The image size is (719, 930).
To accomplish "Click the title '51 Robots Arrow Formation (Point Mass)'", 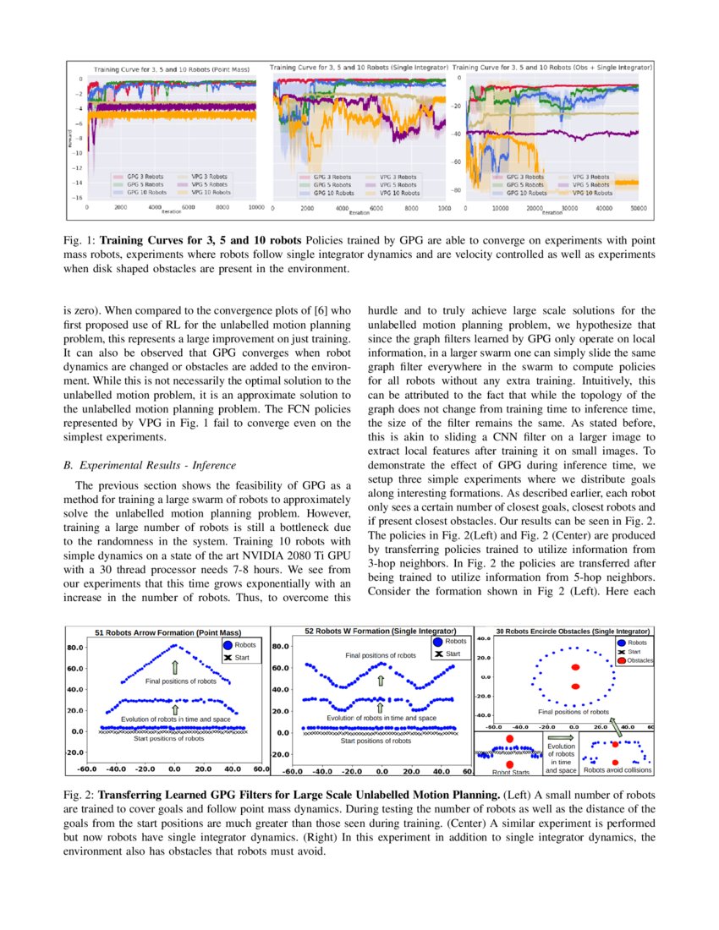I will click(x=167, y=632).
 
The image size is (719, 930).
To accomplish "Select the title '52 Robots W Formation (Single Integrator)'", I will click(x=380, y=631).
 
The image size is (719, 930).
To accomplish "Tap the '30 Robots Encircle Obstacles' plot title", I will click(x=574, y=631).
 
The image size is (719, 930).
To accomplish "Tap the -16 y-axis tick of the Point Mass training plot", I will click(x=77, y=197).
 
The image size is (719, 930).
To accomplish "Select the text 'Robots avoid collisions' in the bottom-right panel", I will click(x=617, y=770).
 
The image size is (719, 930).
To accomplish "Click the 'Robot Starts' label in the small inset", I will click(x=510, y=771).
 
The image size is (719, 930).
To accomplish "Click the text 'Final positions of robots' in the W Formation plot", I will click(x=381, y=655).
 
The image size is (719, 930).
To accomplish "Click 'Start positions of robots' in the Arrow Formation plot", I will click(x=168, y=738).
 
